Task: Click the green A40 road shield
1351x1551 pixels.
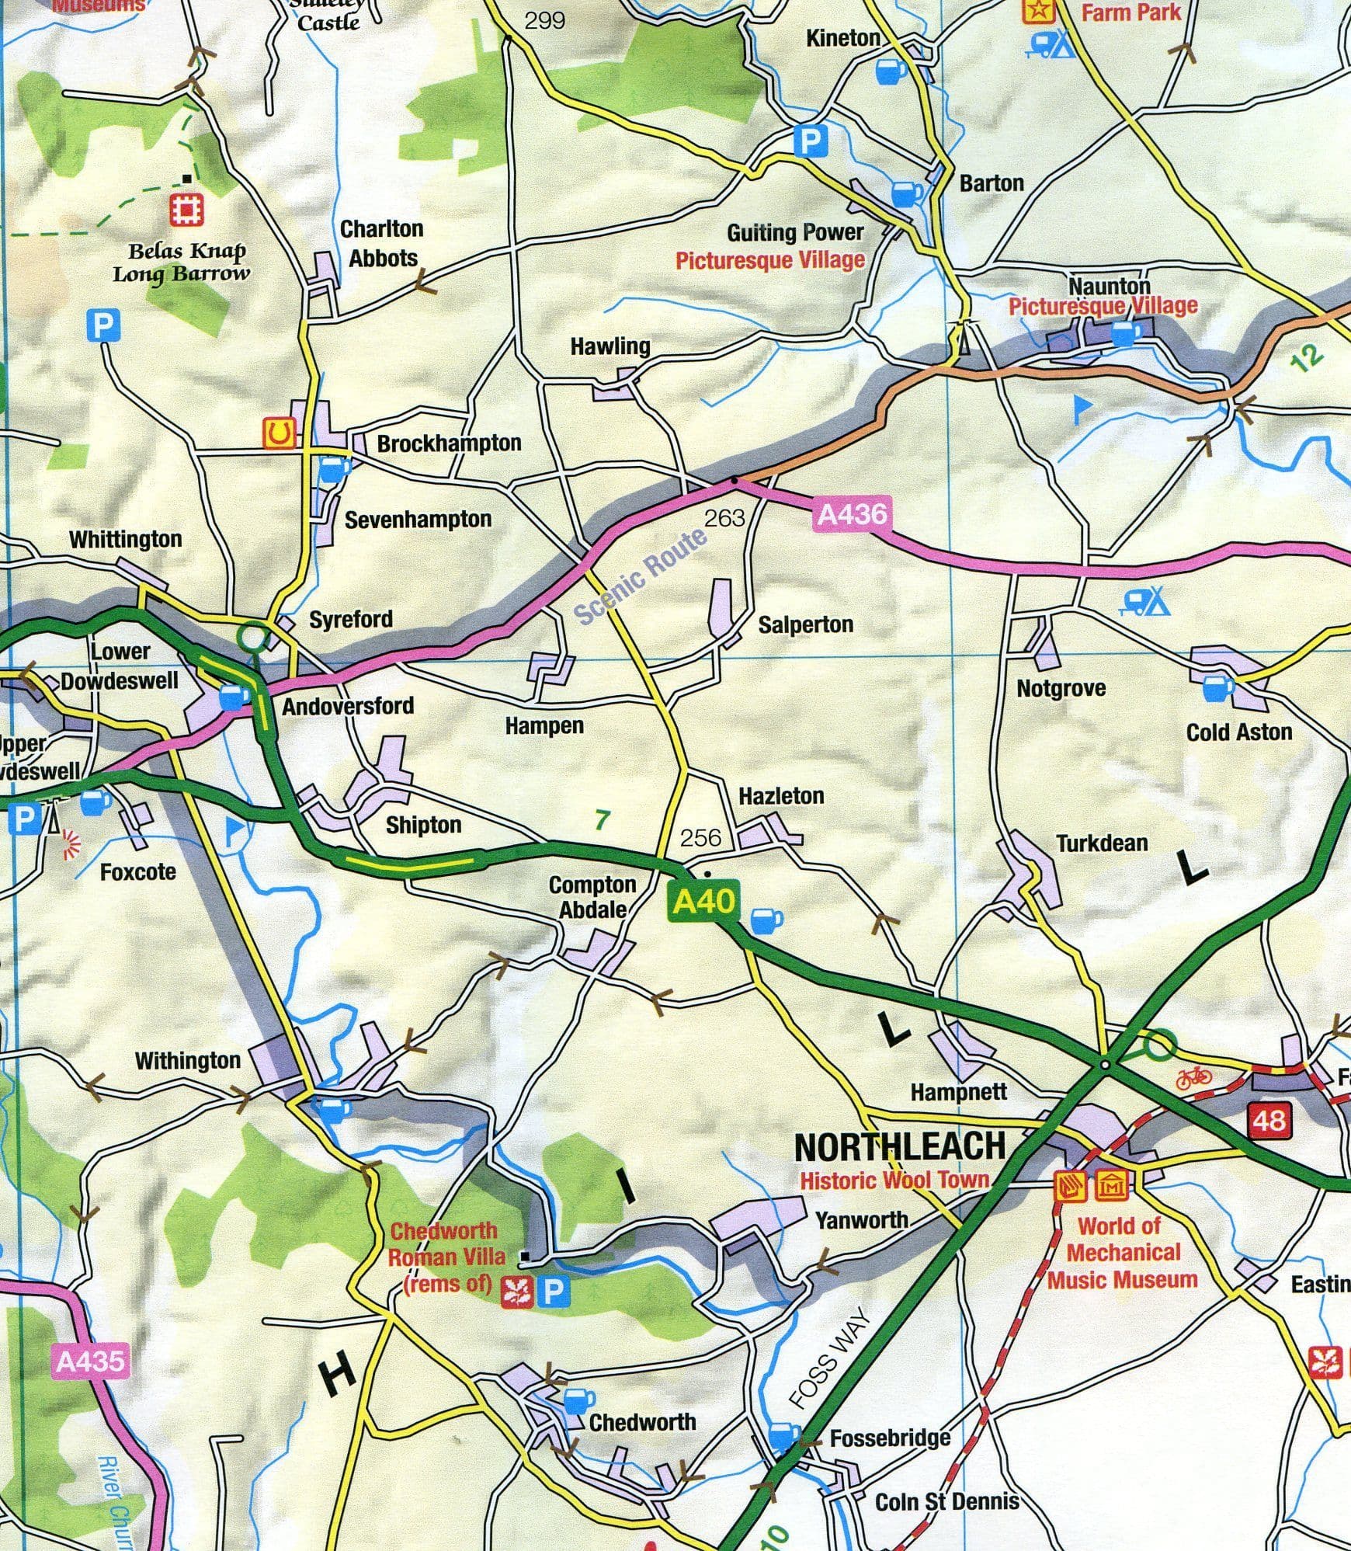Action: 703,901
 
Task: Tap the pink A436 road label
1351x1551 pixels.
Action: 852,514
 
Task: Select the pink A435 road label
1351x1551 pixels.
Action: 90,1361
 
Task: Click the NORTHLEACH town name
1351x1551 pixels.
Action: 900,1146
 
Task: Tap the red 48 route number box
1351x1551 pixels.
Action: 1269,1119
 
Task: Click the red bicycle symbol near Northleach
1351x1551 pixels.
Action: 1193,1077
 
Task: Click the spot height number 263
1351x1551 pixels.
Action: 724,517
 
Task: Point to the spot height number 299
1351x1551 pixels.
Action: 544,21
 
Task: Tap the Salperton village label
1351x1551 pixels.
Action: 805,624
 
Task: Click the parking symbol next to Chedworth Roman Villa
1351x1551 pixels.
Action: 553,1292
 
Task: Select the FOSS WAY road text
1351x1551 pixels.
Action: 828,1358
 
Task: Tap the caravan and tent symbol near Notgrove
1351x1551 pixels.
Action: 1145,601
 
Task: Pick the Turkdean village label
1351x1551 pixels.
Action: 1101,843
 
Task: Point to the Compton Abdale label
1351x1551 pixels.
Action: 592,896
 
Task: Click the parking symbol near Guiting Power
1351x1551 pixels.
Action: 810,141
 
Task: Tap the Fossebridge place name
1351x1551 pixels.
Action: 890,1438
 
